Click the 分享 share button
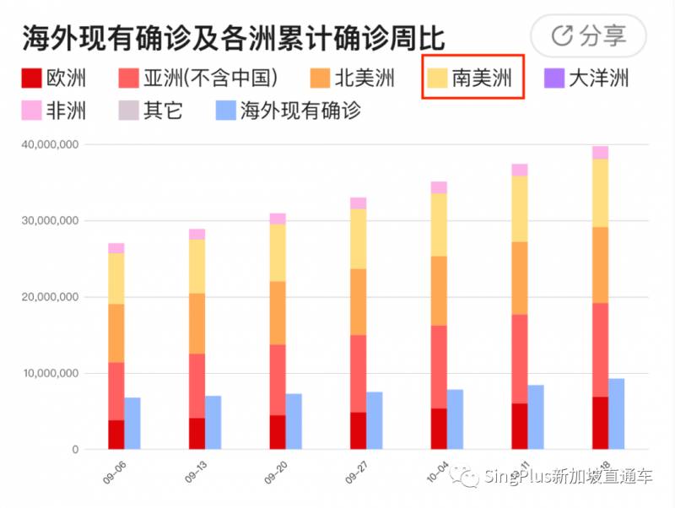[588, 35]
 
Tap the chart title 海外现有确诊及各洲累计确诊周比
[233, 38]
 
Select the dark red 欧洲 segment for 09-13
[197, 434]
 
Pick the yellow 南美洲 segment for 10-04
[439, 224]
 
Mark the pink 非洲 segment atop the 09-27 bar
[358, 203]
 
